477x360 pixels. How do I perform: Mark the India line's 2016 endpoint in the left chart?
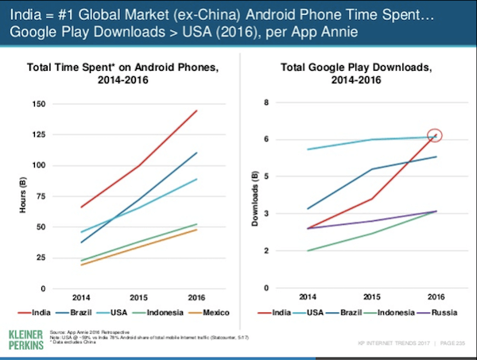point(197,110)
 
